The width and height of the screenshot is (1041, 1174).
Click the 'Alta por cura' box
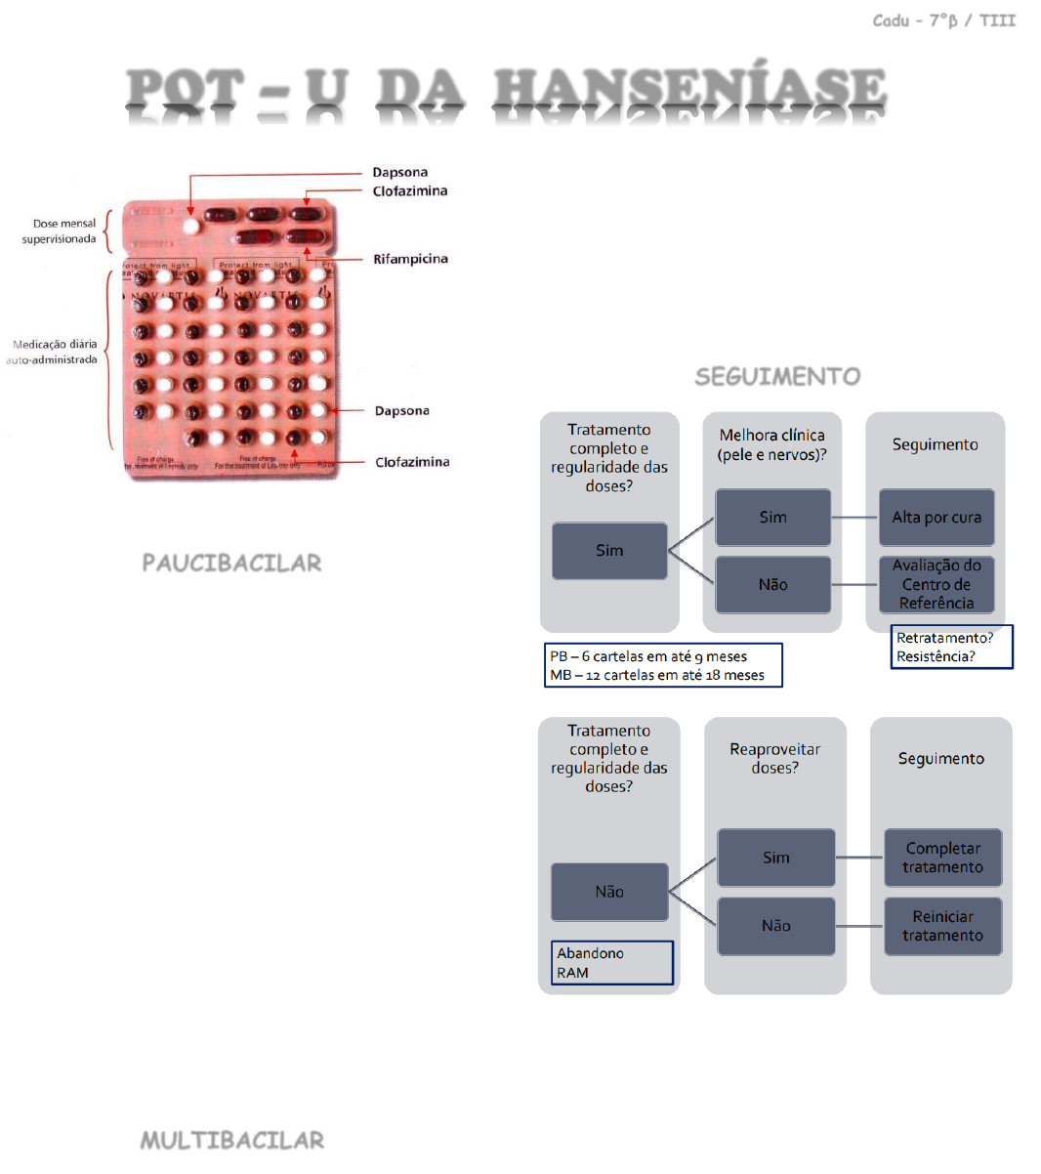click(937, 518)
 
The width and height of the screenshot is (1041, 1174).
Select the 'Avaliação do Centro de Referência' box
click(937, 584)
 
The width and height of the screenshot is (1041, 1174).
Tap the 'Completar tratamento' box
click(942, 858)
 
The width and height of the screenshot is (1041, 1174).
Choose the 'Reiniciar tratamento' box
click(942, 926)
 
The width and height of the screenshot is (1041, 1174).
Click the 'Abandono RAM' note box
click(611, 963)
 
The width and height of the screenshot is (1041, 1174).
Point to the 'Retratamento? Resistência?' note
click(952, 647)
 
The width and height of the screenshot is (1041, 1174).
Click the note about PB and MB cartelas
click(663, 665)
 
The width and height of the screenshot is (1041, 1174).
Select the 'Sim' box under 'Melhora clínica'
click(772, 518)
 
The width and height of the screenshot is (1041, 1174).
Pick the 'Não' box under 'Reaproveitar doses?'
click(775, 926)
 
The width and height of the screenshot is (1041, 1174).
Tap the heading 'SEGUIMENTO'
click(777, 376)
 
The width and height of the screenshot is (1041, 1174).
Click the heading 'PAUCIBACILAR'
click(231, 563)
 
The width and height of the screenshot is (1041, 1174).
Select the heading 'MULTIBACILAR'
click(231, 1140)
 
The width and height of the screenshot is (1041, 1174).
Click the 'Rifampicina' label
click(410, 259)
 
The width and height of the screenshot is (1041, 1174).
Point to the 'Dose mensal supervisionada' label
click(61, 231)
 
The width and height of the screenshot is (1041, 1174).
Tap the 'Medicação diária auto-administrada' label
click(54, 352)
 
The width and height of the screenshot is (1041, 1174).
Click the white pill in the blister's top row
click(190, 226)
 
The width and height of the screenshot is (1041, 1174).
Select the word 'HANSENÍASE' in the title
click(689, 90)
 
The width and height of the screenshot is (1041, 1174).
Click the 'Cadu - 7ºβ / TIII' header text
click(943, 21)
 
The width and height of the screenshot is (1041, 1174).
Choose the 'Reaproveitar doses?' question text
click(774, 758)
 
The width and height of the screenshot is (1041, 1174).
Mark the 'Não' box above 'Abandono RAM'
click(609, 892)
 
